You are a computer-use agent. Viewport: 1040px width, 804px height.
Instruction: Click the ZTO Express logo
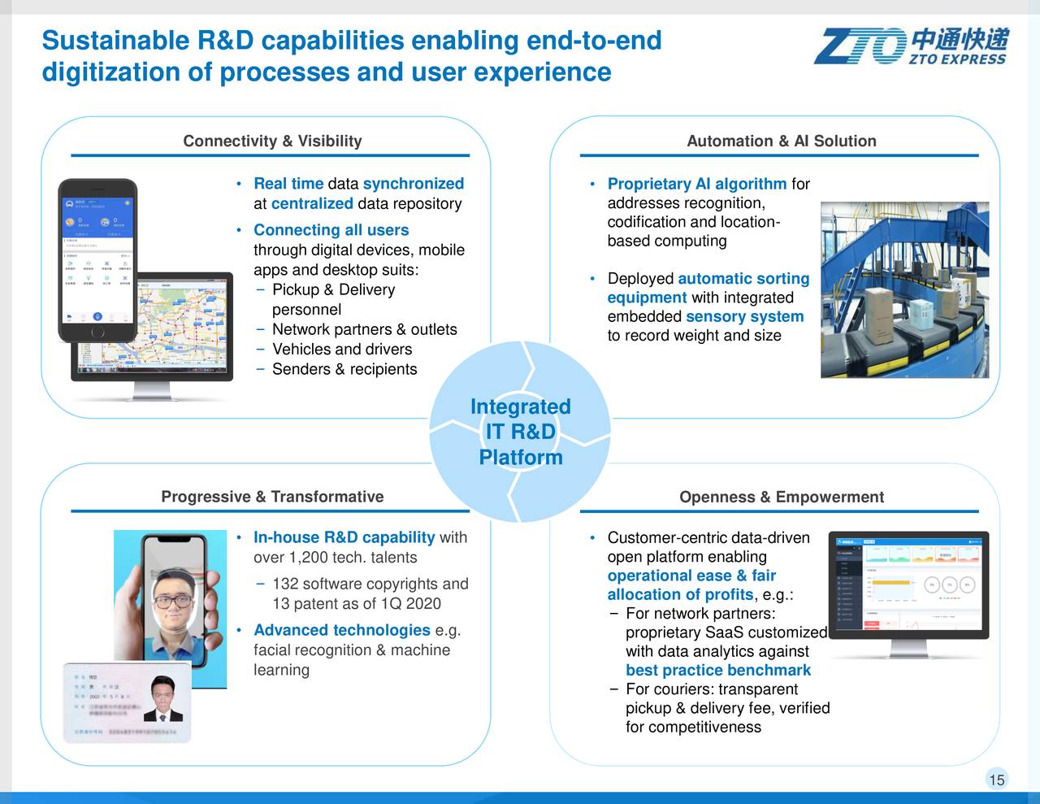coord(912,46)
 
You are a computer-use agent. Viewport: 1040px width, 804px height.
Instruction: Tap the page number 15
coord(996,780)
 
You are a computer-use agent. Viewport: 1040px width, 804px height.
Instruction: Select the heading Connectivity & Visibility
coord(272,141)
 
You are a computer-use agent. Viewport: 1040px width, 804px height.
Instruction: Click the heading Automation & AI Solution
coord(781,141)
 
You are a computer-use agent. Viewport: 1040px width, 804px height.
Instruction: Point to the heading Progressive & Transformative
coord(272,497)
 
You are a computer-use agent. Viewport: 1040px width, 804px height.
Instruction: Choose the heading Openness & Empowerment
coord(781,497)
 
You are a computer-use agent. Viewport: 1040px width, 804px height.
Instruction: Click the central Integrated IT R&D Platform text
coord(520,432)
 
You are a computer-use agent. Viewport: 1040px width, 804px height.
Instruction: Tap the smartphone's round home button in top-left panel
coord(97,332)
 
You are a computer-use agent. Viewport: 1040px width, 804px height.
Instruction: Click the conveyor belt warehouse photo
coord(903,289)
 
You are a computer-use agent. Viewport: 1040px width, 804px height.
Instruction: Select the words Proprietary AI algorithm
coord(696,184)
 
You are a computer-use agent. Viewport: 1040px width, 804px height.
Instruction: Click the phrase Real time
coord(288,184)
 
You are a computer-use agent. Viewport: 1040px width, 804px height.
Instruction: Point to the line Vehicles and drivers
coord(342,350)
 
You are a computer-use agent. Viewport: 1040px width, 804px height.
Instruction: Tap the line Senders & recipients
coord(344,369)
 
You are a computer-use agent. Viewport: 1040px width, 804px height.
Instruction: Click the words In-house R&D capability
coord(344,537)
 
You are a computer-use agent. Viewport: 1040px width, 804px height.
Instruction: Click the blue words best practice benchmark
coord(717,671)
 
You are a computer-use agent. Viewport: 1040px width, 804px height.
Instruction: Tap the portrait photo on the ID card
coord(167,698)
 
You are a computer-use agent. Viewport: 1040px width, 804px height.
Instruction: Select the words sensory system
coord(744,317)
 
